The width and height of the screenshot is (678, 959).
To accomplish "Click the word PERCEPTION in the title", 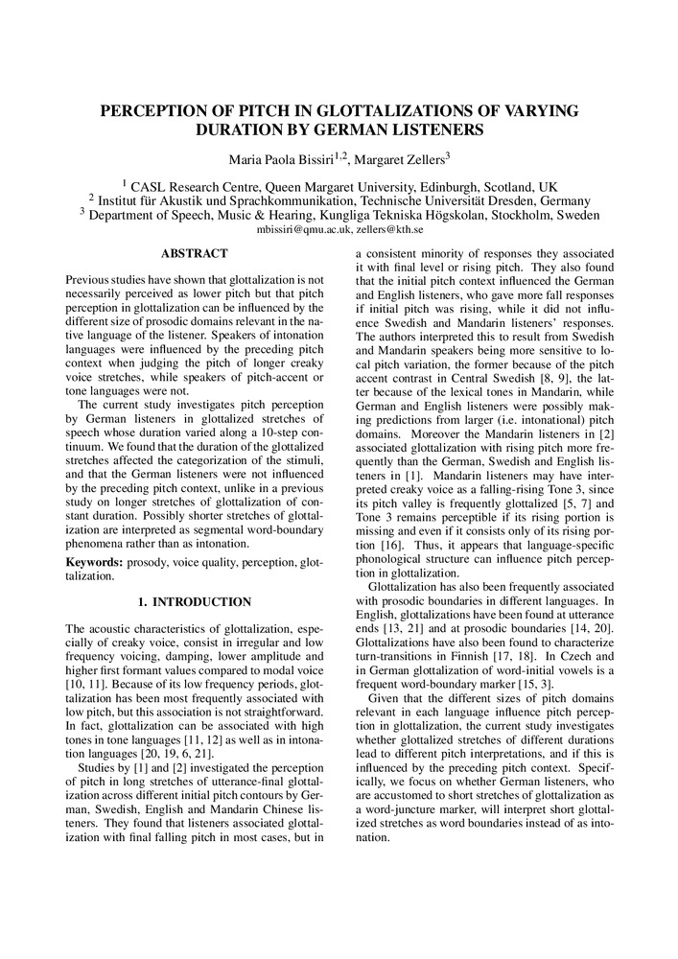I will click(x=156, y=110).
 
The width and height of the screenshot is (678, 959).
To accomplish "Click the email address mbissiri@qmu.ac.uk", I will click(x=303, y=231).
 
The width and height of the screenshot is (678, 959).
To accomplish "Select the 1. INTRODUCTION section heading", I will click(x=195, y=602).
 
